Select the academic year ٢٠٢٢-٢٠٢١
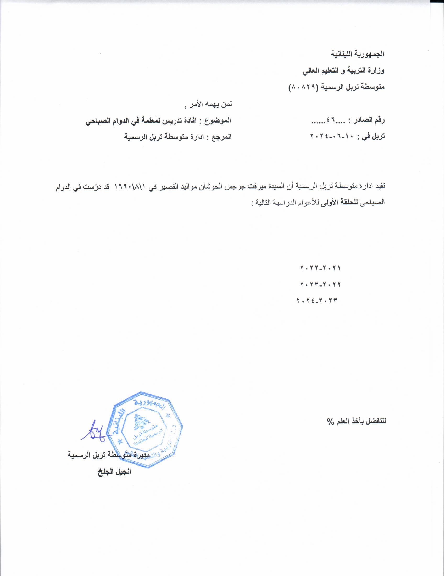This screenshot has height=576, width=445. point(320,268)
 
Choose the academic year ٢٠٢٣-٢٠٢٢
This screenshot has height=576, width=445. point(320,285)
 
